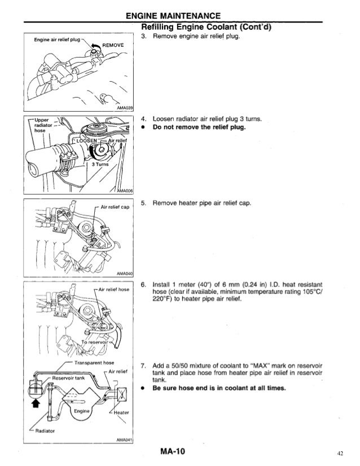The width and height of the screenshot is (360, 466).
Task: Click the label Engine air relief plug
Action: (56, 41)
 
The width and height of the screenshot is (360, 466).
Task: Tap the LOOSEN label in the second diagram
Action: (83, 140)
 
